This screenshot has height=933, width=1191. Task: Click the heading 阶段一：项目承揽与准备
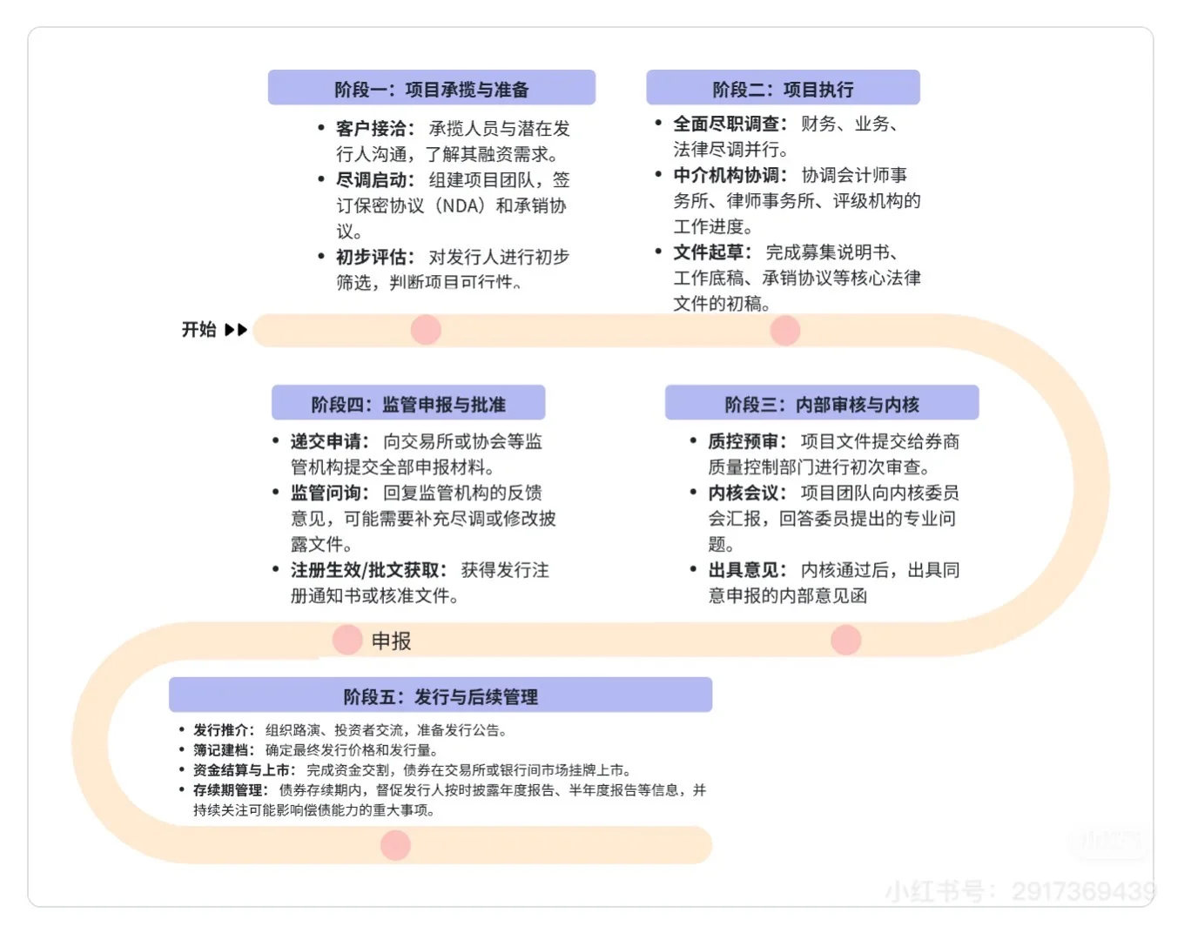[431, 89]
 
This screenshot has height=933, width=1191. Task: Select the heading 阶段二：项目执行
[783, 89]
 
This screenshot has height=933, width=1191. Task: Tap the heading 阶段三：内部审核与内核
[822, 404]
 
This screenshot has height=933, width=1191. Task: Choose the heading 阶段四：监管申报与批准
[408, 404]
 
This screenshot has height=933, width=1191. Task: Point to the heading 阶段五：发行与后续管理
[441, 696]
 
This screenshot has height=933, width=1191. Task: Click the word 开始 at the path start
[198, 330]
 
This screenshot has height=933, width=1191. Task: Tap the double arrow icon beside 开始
[236, 330]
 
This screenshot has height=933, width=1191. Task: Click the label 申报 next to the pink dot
[391, 641]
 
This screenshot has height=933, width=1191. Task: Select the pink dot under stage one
[426, 330]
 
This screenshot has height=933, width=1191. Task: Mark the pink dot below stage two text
[785, 331]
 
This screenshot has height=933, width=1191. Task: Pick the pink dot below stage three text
[845, 640]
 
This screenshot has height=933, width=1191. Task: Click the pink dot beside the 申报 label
[347, 640]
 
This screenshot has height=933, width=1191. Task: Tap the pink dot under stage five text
[395, 845]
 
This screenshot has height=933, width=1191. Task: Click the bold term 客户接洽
[372, 129]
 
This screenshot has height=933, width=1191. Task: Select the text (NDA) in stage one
[459, 206]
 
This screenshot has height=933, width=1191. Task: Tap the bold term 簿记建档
[222, 750]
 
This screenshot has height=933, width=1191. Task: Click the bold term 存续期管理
[228, 790]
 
